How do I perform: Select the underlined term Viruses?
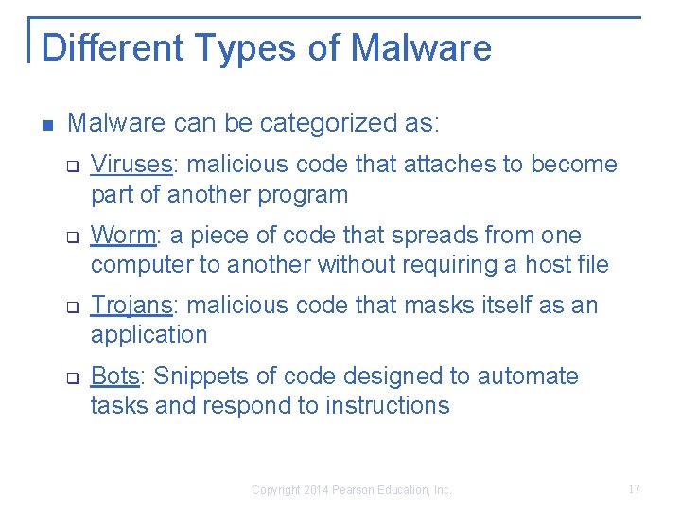pyautogui.click(x=131, y=165)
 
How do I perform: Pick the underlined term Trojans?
pyautogui.click(x=131, y=306)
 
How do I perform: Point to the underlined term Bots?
pyautogui.click(x=115, y=376)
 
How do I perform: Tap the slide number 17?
pyautogui.click(x=634, y=489)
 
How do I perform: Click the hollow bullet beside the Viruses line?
pyautogui.click(x=71, y=167)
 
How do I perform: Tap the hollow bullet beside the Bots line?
pyautogui.click(x=71, y=379)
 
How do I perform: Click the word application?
pyautogui.click(x=148, y=335)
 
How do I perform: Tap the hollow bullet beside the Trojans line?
pyautogui.click(x=71, y=308)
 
